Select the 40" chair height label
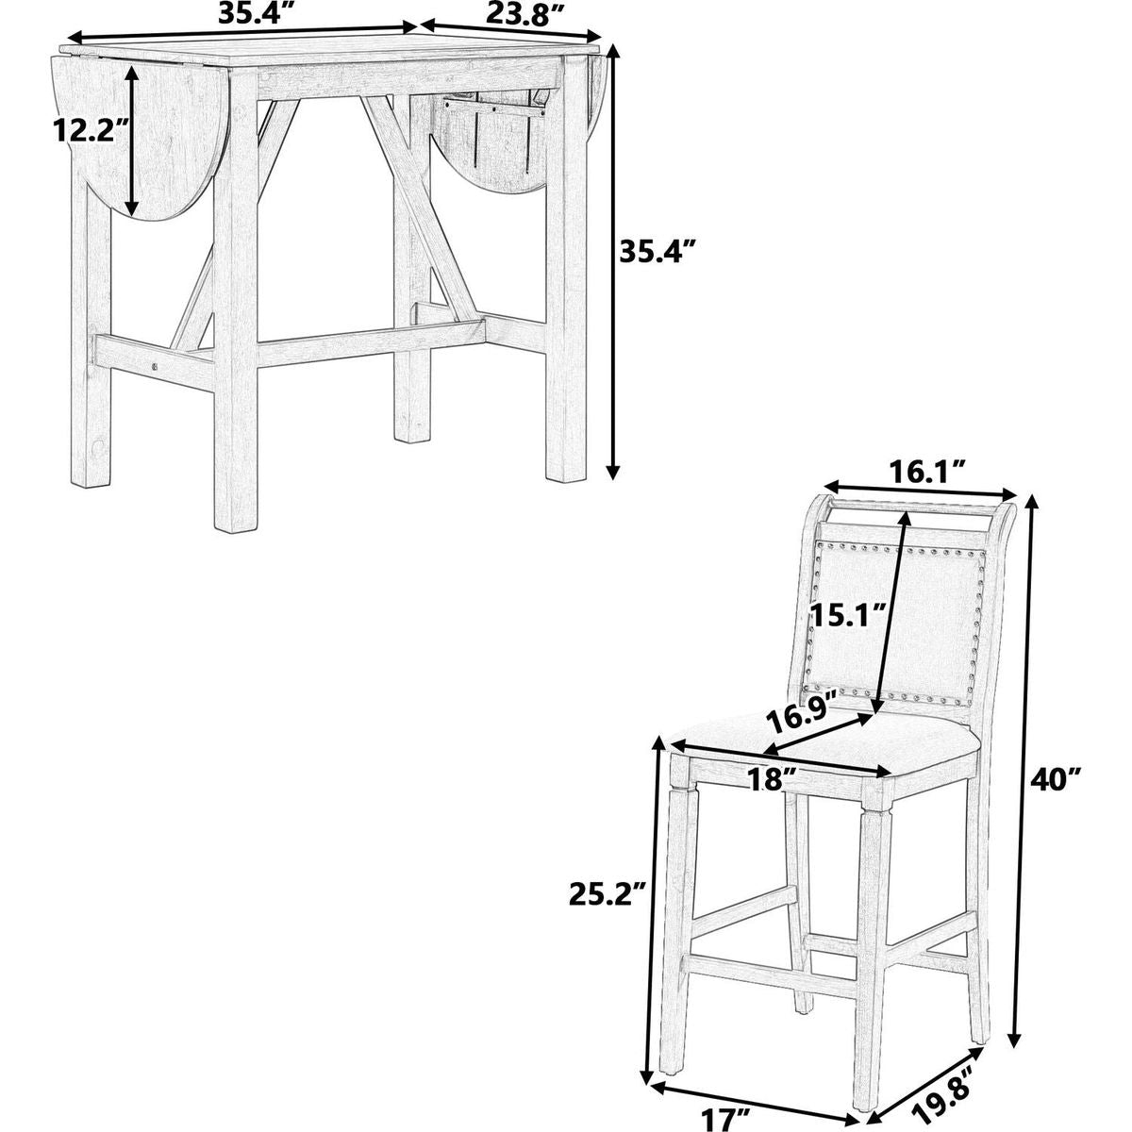tap(1055, 780)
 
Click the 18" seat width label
tap(774, 780)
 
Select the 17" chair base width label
tap(727, 1116)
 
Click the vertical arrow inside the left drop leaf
tap(132, 140)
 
